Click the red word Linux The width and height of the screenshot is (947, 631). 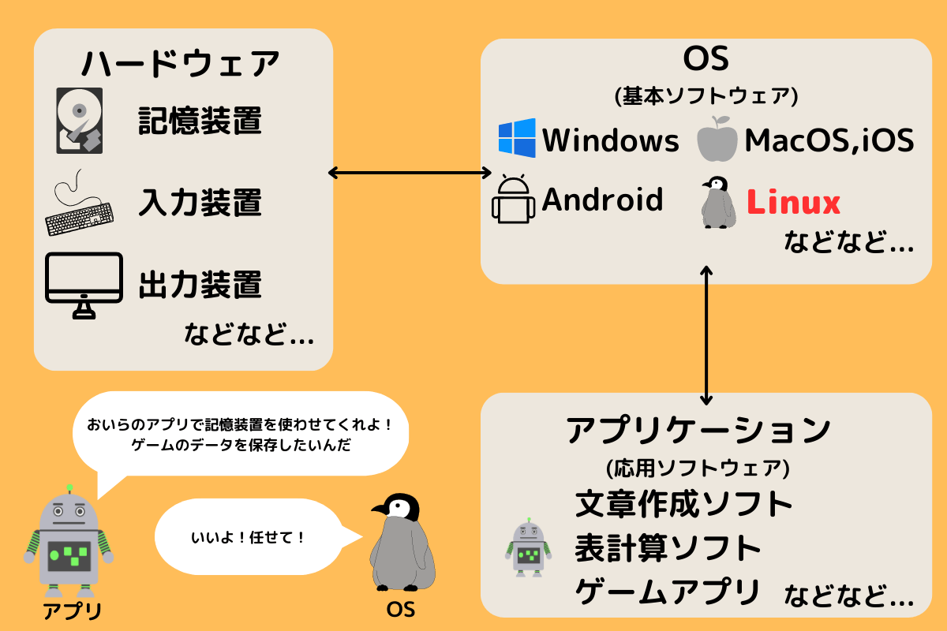793,203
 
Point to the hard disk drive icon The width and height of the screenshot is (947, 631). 79,121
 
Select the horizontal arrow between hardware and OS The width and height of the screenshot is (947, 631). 409,172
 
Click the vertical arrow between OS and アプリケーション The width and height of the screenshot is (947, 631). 706,336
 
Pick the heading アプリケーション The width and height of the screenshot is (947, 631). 698,431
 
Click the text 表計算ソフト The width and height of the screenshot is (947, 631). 668,546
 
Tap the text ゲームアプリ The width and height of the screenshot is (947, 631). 668,589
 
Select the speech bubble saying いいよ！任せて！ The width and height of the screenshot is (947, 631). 249,538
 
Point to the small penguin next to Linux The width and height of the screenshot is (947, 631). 717,203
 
